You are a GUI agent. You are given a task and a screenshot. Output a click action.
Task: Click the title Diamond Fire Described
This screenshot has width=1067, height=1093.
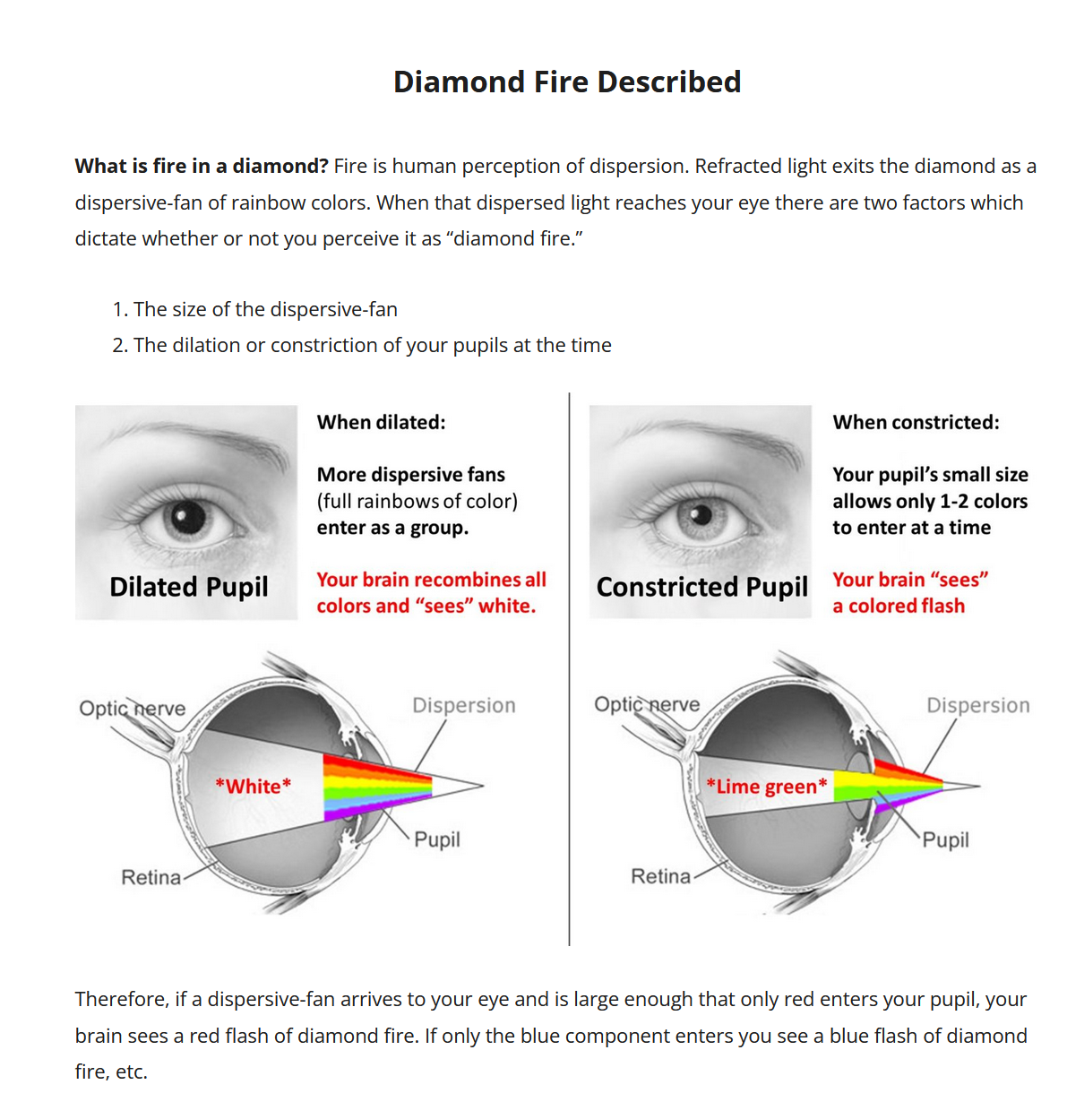(567, 82)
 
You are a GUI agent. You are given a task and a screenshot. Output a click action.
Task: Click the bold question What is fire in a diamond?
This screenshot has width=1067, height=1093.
(202, 167)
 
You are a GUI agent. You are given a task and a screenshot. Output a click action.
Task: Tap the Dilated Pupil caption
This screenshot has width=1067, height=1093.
(189, 587)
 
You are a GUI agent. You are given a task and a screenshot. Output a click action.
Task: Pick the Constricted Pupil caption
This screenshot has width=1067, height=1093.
(702, 587)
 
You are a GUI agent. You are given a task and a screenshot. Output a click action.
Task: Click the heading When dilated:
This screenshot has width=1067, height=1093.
(381, 423)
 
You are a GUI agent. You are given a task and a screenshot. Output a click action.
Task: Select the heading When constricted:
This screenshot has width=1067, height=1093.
(916, 423)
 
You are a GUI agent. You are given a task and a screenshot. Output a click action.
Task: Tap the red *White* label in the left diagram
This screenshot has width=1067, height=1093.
(254, 787)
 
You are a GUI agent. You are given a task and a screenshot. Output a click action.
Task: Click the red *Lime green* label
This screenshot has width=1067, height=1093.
(767, 787)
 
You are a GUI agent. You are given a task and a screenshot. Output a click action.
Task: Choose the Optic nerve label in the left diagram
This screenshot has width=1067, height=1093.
(133, 709)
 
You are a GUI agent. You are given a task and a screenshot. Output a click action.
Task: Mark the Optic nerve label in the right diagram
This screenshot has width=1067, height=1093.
(647, 705)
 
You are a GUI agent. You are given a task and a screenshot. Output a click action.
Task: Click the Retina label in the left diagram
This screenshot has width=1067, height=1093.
(151, 877)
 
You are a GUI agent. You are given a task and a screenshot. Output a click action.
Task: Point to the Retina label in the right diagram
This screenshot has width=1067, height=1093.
(661, 876)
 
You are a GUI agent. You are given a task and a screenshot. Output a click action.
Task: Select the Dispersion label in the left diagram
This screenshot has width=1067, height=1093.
(464, 706)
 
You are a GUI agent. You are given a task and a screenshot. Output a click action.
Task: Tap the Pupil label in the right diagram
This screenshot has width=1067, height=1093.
(946, 840)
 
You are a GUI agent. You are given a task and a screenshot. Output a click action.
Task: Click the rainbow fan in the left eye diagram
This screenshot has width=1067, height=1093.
(376, 787)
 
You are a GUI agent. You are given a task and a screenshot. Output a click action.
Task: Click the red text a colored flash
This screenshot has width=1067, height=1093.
(899, 607)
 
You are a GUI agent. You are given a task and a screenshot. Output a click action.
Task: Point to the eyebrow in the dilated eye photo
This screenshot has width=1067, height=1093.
(193, 437)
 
